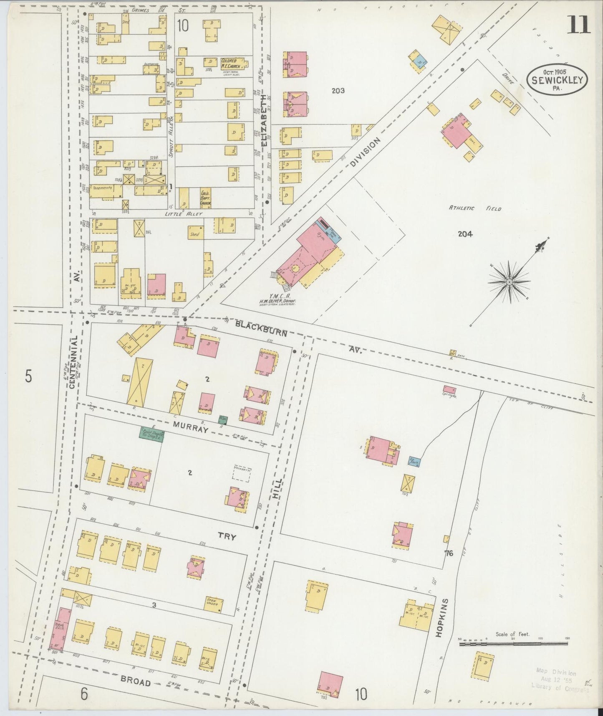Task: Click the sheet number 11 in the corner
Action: [x=578, y=25]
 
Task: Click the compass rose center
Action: [x=510, y=283]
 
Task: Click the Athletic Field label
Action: [x=474, y=208]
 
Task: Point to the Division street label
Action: [x=365, y=152]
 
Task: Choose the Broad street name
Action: [x=135, y=682]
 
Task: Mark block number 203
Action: [x=338, y=90]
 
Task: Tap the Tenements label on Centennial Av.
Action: [x=103, y=188]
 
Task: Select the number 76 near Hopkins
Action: [x=449, y=554]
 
